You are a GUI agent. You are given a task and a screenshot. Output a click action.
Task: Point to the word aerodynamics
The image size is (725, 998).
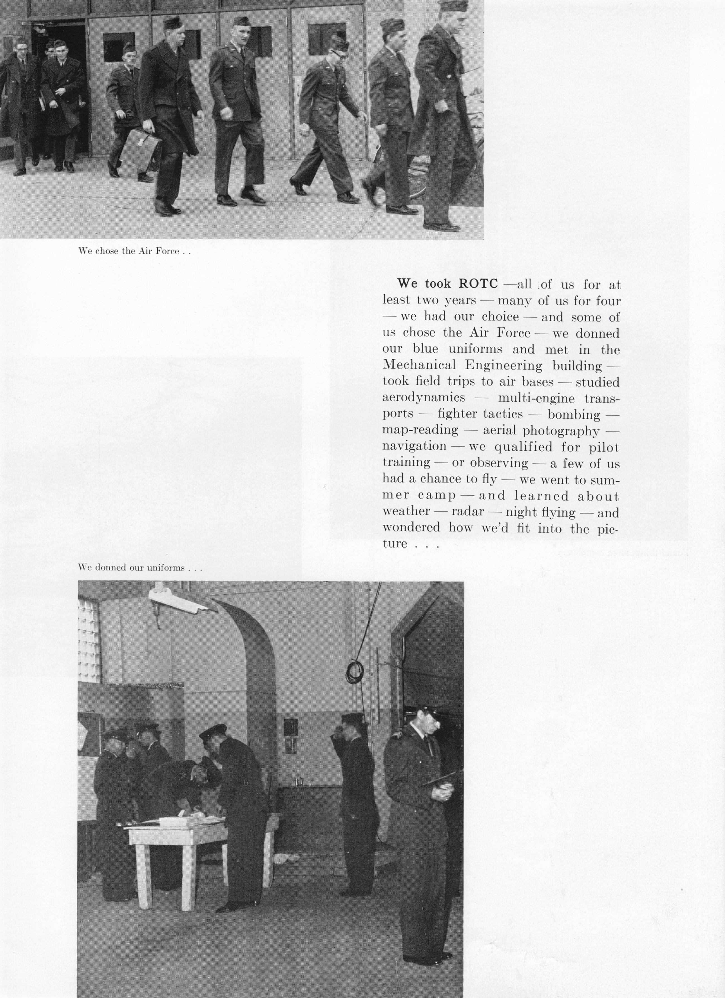tap(423, 397)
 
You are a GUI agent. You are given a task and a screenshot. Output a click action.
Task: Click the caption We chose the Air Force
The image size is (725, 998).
tap(134, 251)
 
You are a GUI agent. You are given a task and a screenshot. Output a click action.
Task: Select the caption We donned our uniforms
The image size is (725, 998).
tap(140, 568)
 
